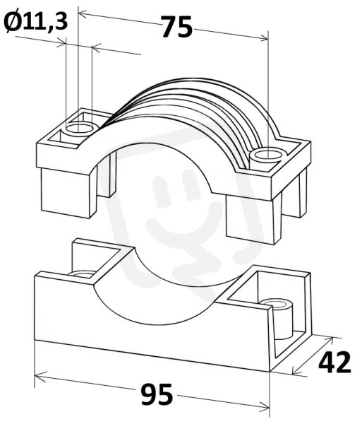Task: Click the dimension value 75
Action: pyautogui.click(x=177, y=27)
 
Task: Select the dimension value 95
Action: pyautogui.click(x=157, y=395)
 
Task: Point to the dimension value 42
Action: pyautogui.click(x=334, y=363)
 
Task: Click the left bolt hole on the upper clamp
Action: pyautogui.click(x=79, y=128)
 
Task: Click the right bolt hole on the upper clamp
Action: pyautogui.click(x=267, y=155)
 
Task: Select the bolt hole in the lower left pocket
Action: pyautogui.click(x=83, y=273)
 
